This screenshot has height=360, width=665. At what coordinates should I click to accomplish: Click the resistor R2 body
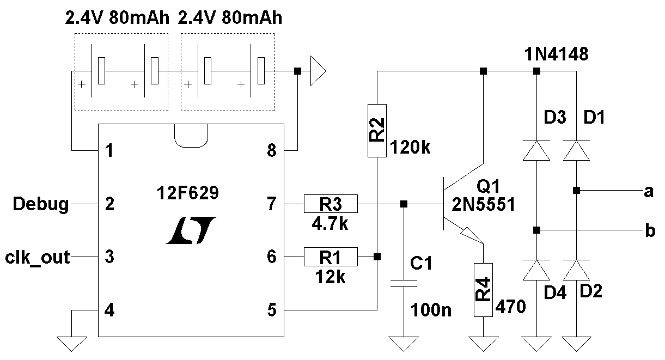tap(377, 130)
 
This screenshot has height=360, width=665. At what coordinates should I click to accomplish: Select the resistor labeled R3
tap(331, 204)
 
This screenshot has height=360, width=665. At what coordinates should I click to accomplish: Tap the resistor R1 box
tap(331, 256)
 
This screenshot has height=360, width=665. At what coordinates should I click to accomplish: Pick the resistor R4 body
tap(484, 290)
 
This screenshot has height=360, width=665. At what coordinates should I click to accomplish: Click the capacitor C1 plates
tap(404, 283)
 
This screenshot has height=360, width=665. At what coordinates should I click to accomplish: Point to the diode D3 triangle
tap(536, 150)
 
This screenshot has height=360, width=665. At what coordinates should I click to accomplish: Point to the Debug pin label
tap(41, 205)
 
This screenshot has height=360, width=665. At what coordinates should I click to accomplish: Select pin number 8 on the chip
tap(272, 151)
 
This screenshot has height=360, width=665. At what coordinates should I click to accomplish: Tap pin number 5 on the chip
tap(272, 310)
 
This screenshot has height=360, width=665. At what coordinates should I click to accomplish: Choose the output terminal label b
tap(649, 231)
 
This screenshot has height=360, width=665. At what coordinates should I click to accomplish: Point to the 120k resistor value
tap(411, 147)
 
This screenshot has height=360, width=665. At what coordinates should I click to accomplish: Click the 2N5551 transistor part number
tap(483, 205)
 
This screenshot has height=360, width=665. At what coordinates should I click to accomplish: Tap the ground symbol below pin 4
tap(72, 344)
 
